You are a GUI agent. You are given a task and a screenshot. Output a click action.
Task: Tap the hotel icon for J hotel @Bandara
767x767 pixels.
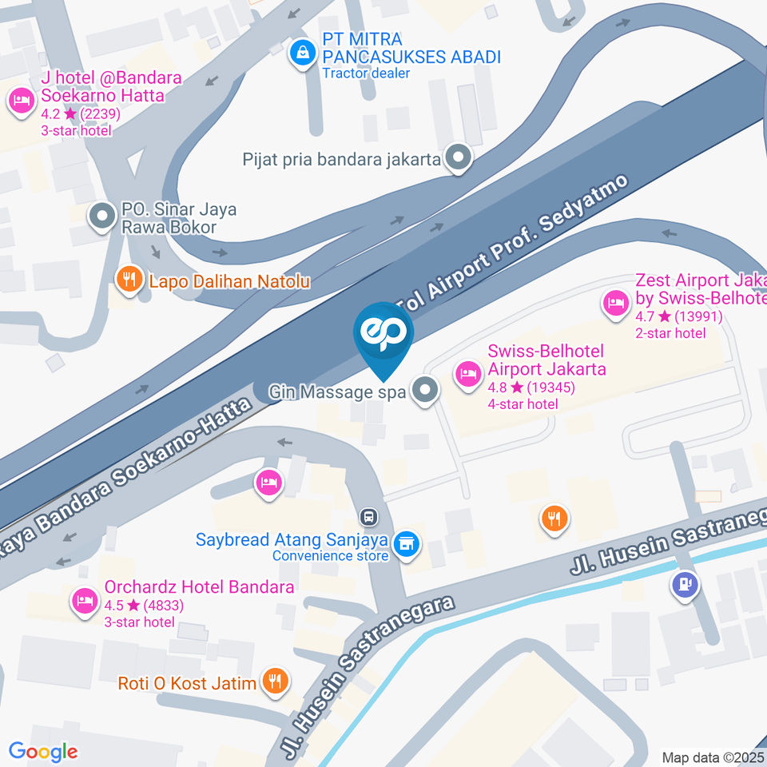[20, 101]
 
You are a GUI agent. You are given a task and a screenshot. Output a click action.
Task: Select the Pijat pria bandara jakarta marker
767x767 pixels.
[459, 158]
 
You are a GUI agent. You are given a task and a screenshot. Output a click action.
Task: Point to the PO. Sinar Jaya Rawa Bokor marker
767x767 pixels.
[101, 216]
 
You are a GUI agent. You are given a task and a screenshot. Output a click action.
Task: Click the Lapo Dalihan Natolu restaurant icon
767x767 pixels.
[127, 280]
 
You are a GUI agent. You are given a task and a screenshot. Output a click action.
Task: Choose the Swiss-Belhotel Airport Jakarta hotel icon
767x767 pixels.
[467, 372]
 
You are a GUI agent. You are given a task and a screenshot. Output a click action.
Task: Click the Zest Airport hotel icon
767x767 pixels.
[615, 304]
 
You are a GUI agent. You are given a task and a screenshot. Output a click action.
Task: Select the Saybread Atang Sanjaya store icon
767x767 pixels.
[407, 544]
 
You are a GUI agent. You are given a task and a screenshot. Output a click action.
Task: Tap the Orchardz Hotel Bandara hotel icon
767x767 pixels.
[83, 600]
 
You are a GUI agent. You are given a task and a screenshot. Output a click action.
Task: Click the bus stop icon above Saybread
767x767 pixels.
[368, 516]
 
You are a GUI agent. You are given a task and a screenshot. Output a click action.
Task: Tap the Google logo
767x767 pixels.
[42, 751]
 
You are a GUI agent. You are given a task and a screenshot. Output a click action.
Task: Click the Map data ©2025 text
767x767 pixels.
[712, 757]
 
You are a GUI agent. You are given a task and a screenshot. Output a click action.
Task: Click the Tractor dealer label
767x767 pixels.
[366, 74]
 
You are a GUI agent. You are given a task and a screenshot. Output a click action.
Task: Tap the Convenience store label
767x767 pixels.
[330, 556]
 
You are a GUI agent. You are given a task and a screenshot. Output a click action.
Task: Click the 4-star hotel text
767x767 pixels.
[523, 404]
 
